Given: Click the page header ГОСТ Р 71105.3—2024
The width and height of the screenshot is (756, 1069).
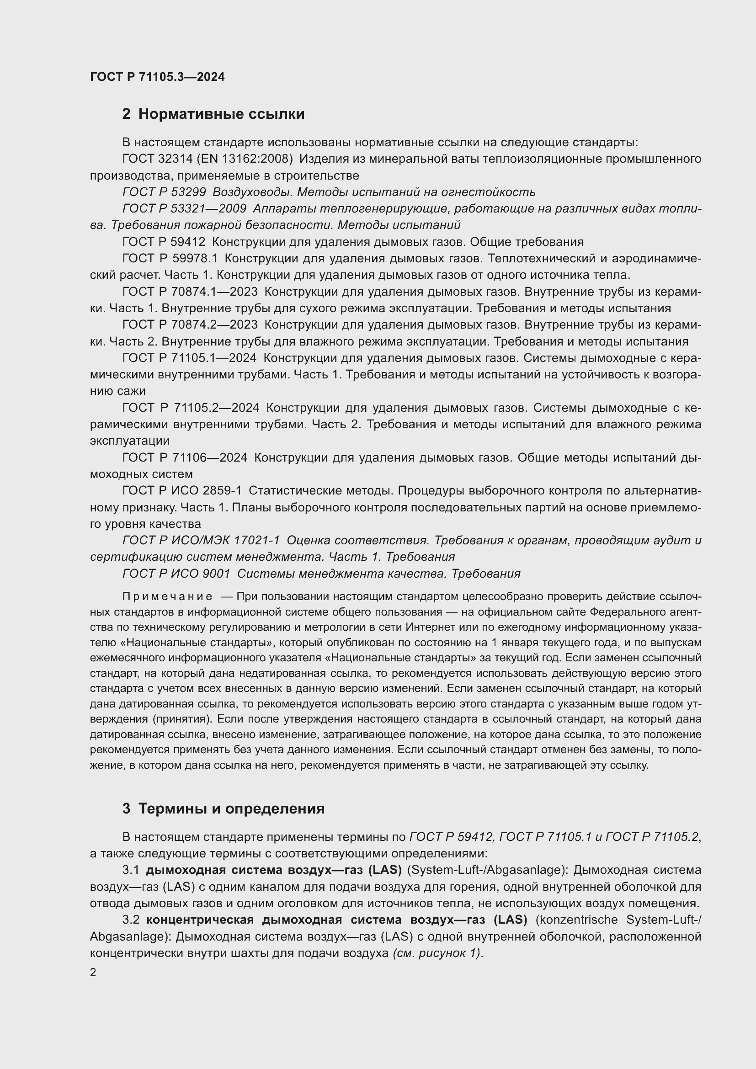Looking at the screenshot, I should (x=157, y=77).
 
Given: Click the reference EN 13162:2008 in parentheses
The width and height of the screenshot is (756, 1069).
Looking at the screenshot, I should (x=245, y=159).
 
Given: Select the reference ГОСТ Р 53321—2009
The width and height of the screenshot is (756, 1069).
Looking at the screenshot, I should (x=184, y=208).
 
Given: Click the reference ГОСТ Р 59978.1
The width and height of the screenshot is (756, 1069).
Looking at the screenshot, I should (x=170, y=258).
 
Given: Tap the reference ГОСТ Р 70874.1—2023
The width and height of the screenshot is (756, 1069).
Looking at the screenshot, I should (x=190, y=292).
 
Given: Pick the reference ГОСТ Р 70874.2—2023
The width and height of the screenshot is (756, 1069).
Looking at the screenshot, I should (x=190, y=324).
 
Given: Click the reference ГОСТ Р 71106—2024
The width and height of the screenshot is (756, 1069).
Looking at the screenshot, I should (x=185, y=457).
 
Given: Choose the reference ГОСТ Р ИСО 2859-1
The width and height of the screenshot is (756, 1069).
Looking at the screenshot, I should (x=182, y=490).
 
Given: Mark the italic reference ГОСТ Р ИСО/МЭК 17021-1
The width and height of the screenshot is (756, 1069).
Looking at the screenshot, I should (x=201, y=540).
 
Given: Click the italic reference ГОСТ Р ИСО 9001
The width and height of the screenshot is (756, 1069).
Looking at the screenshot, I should (x=176, y=573).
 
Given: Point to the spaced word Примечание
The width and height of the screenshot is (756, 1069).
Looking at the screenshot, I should (x=168, y=597).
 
